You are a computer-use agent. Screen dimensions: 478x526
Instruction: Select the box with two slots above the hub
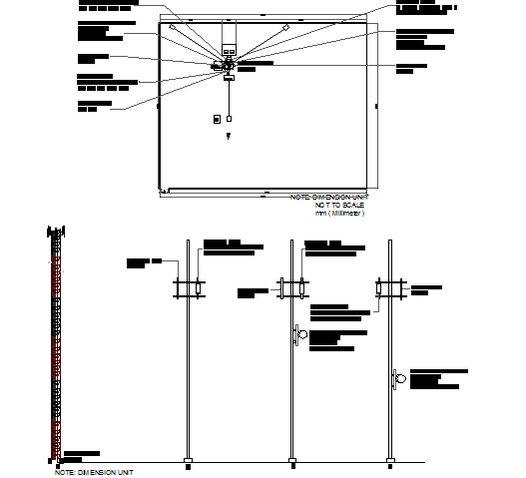[229, 48]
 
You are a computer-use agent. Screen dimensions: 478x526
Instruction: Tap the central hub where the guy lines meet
[229, 65]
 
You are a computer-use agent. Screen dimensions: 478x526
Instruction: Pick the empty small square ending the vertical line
[229, 119]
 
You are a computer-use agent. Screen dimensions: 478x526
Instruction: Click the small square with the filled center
[216, 119]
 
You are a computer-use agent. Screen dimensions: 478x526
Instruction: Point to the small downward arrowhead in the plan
[229, 135]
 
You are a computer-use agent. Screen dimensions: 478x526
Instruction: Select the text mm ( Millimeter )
[340, 213]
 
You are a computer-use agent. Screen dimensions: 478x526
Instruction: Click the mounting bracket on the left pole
[187, 288]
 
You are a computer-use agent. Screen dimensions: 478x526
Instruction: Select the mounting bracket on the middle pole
[290, 288]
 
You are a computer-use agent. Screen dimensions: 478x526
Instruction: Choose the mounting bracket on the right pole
[389, 288]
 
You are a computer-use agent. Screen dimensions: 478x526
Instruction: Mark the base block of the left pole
[188, 462]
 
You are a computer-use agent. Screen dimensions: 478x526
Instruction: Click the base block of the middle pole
[291, 462]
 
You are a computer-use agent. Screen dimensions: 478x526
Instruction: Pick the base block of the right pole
[390, 462]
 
